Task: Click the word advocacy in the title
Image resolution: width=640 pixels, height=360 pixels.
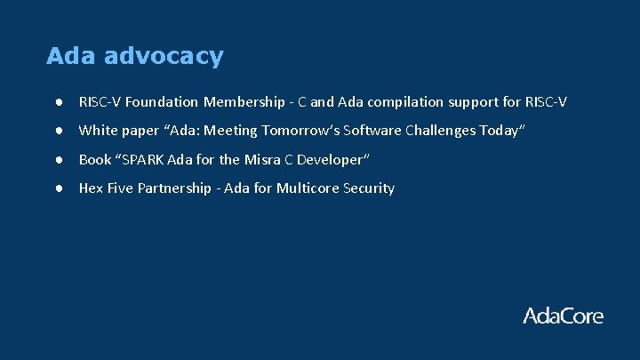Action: tap(164, 57)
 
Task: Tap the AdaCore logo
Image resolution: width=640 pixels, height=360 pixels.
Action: tap(563, 316)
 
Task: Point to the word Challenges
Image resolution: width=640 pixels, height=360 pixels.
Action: tap(439, 131)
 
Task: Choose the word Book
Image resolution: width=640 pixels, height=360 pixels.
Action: tap(95, 160)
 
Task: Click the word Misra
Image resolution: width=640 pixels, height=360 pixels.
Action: tap(262, 160)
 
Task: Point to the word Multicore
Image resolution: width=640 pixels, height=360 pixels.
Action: tap(308, 188)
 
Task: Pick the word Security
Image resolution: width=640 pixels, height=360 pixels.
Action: tap(369, 188)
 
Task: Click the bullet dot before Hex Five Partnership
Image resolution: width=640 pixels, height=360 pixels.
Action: tap(56, 188)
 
